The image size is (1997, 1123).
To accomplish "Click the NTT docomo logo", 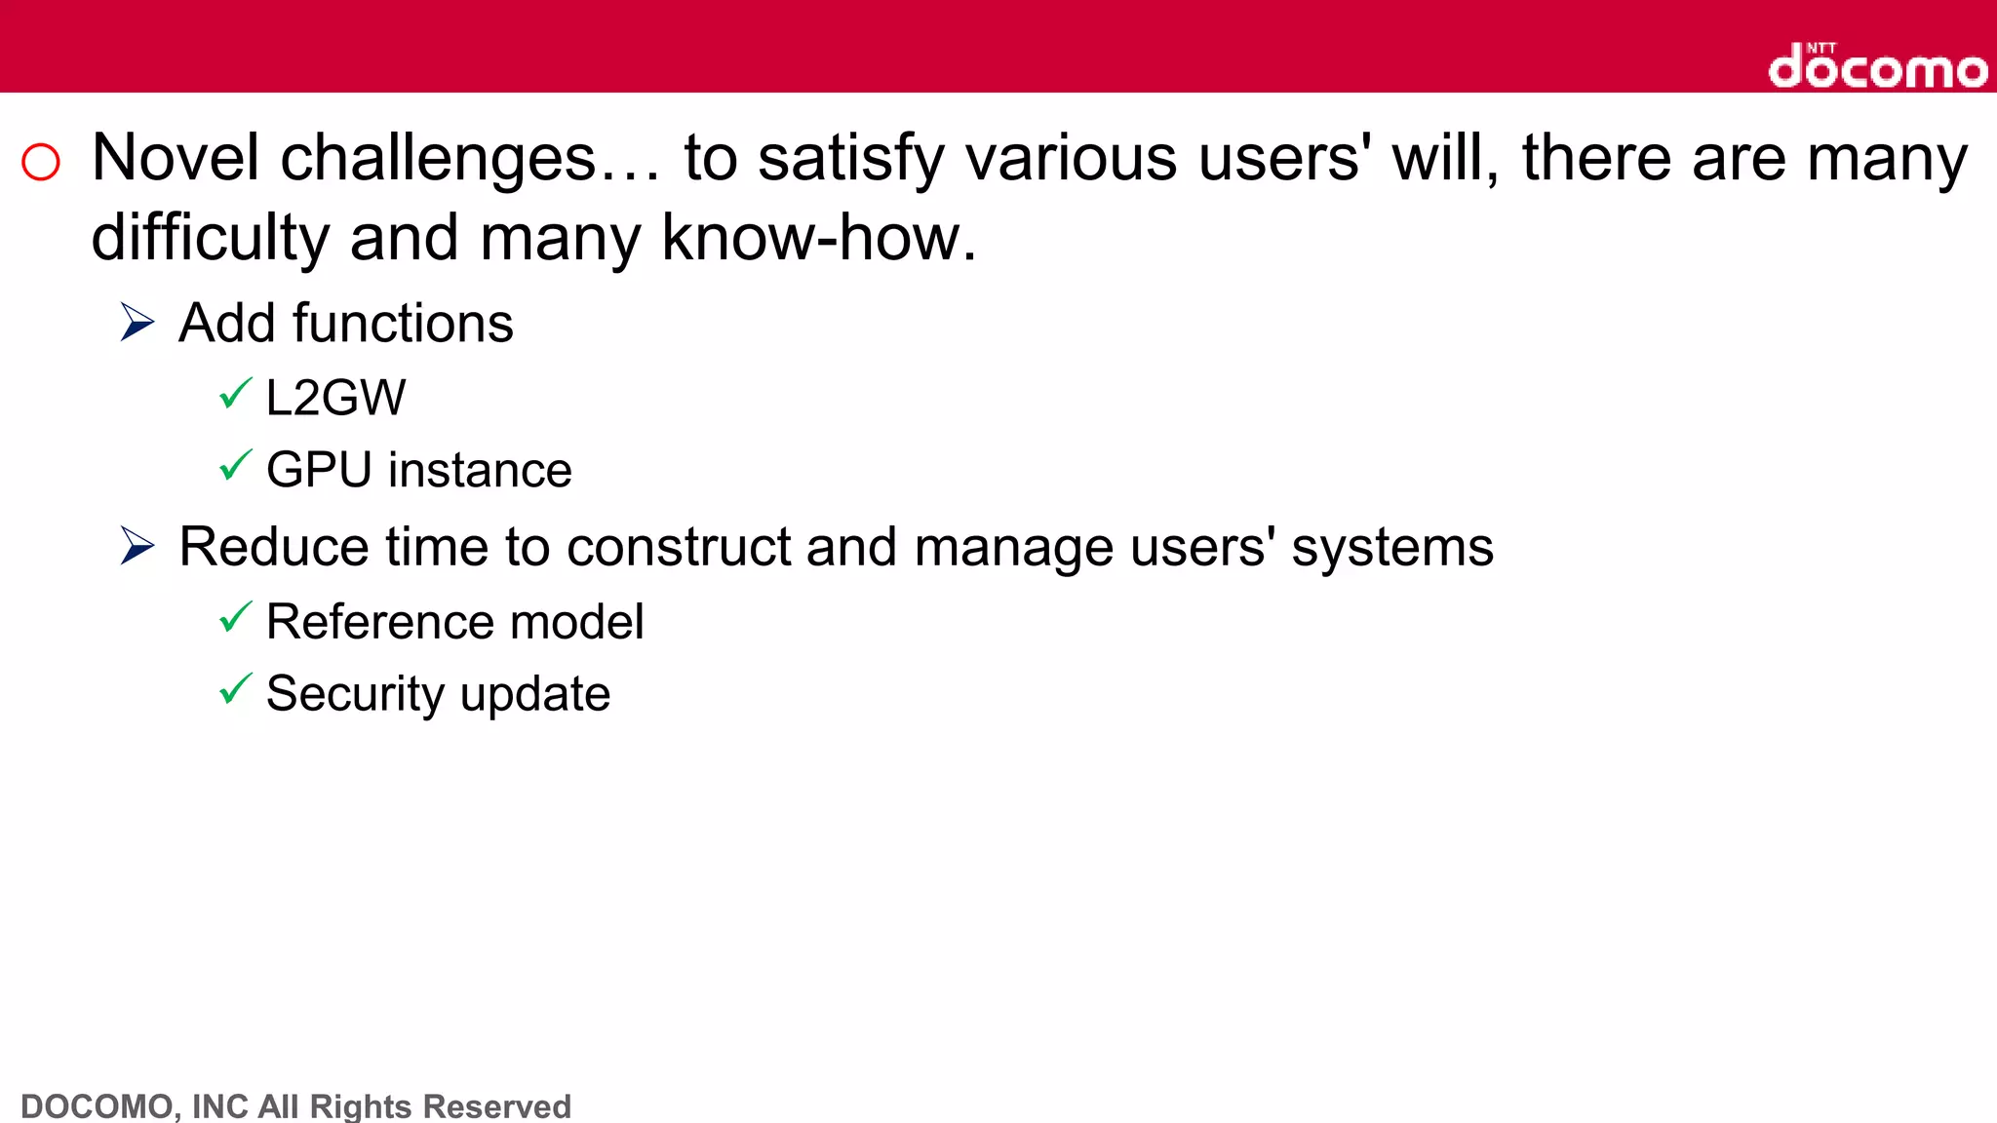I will pos(1877,66).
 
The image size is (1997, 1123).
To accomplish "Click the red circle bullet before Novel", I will pos(41,162).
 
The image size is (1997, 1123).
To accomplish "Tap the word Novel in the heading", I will pos(176,158).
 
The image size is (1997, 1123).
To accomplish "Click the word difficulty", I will pos(211,239).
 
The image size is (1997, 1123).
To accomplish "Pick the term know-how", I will pos(818,238).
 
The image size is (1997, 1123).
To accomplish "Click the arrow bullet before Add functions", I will pos(137,322).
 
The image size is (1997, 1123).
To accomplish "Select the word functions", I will pos(403,323).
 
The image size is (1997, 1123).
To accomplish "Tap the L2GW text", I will pos(335,398).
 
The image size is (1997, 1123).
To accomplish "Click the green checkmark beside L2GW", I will pos(235,394).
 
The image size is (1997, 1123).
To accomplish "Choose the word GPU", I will pos(319,470).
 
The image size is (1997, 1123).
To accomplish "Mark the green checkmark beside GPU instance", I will pos(235,466).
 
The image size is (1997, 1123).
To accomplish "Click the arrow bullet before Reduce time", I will pos(137,545).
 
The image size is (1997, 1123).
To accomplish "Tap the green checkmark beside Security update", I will pos(235,689).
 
